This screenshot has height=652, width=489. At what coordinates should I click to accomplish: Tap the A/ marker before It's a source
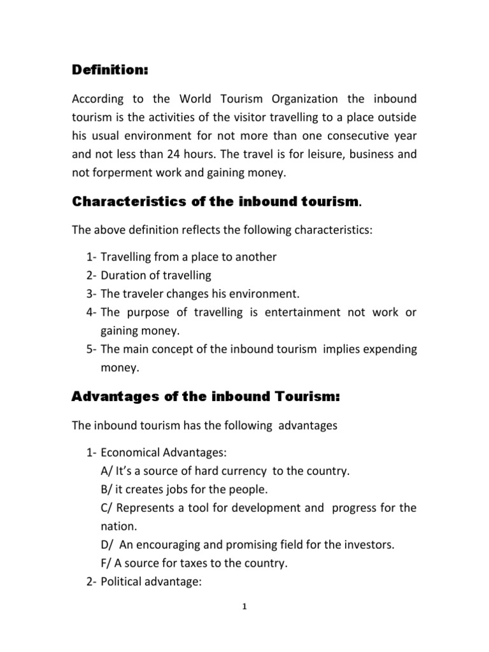point(106,472)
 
